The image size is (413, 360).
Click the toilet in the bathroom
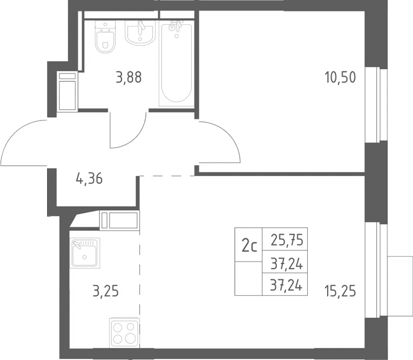pos(105,37)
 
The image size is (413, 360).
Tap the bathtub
pos(177,64)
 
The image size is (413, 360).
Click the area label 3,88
pos(129,77)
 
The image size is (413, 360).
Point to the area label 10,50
pos(340,77)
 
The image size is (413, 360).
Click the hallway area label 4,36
pos(89,179)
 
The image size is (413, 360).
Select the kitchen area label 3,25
pos(106,291)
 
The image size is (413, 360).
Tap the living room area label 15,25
pos(340,291)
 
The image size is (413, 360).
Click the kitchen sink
pos(85,253)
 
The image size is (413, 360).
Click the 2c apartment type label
pos(249,247)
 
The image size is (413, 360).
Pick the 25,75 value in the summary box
pos(287,240)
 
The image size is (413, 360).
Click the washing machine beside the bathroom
pos(67,92)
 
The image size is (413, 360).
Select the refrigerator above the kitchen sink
pos(120,220)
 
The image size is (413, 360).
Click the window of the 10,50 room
pos(376,105)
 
